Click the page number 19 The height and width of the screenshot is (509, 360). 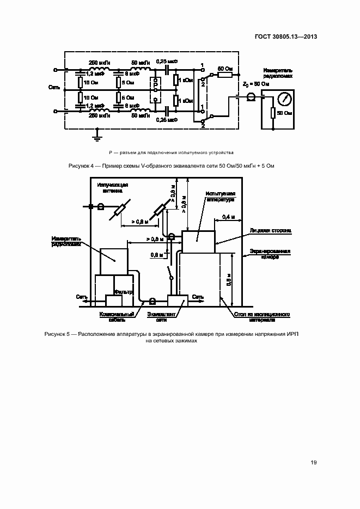point(314,463)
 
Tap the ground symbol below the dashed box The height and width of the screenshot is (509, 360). point(97,133)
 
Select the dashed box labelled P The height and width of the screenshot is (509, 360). point(156,90)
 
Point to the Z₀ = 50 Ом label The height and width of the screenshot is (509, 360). point(255,84)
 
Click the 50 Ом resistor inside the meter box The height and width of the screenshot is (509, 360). point(272,113)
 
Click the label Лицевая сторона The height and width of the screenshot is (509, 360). point(270,231)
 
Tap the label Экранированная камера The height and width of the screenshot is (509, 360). point(270,254)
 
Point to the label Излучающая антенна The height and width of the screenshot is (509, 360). point(113,188)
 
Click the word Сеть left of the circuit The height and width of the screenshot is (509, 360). point(53,87)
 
